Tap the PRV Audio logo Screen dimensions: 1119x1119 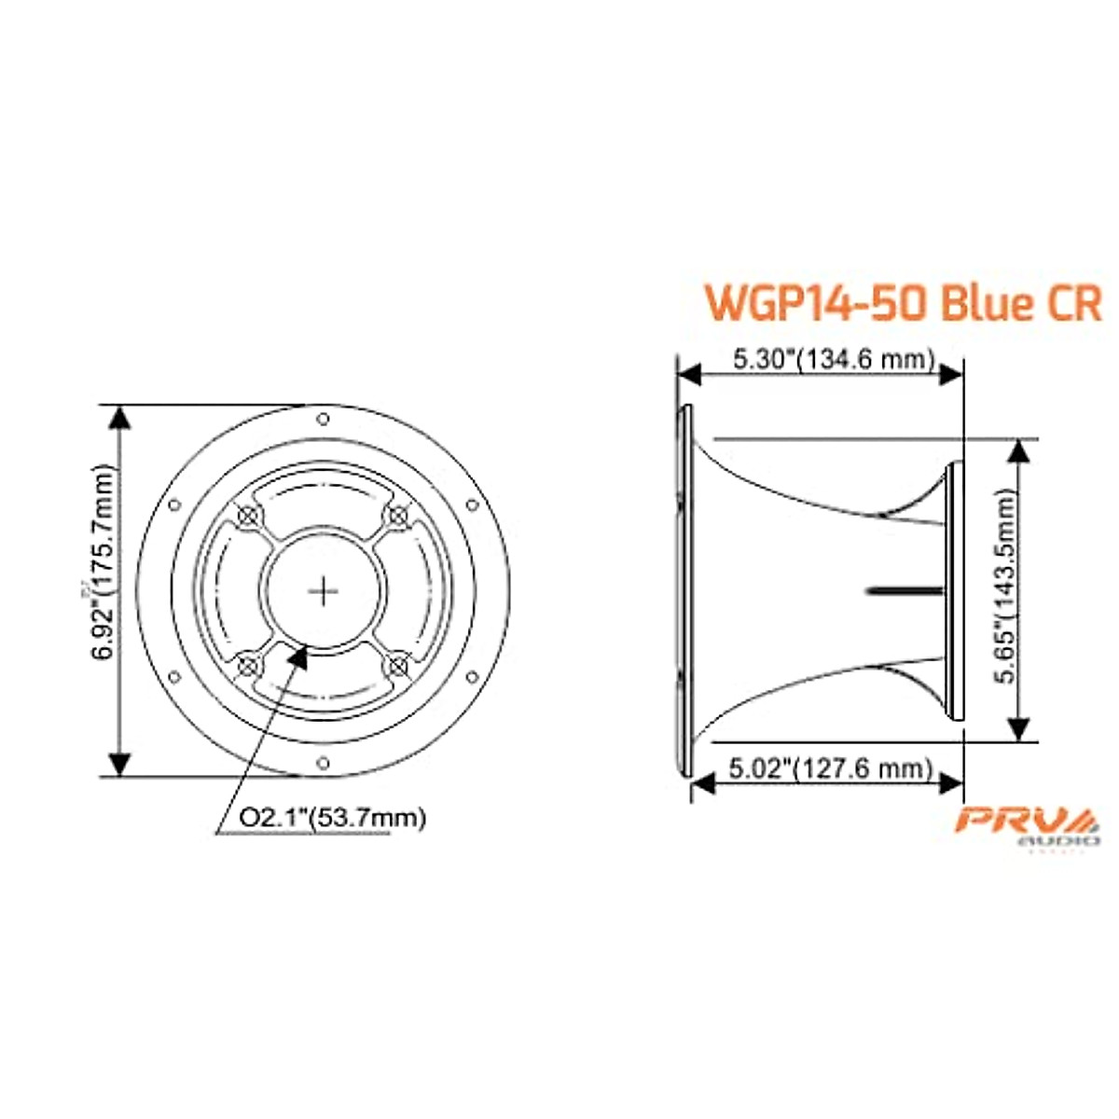click(1030, 823)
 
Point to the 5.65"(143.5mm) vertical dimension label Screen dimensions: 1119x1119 click(1005, 589)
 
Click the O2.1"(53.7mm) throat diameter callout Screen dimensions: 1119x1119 click(333, 818)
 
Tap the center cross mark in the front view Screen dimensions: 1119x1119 click(324, 590)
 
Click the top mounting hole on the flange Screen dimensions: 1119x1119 click(323, 419)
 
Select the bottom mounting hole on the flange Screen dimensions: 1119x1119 click(323, 764)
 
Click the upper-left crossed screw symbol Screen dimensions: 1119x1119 click(248, 515)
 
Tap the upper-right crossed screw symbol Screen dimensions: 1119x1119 click(398, 515)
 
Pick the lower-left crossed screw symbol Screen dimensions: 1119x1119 click(248, 666)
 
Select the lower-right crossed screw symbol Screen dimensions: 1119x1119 click(398, 666)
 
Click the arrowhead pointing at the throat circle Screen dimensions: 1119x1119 click(299, 655)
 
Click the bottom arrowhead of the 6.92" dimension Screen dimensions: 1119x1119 click(119, 764)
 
